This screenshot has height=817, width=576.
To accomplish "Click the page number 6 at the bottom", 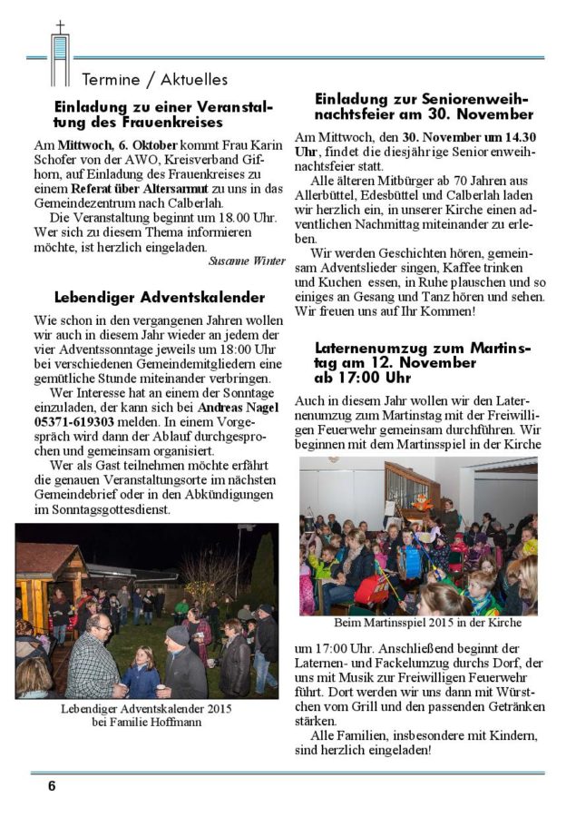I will pyautogui.click(x=52, y=786).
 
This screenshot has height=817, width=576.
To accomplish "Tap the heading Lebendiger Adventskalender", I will pyautogui.click(x=159, y=297).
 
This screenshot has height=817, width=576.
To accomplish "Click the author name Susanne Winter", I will pyautogui.click(x=247, y=261).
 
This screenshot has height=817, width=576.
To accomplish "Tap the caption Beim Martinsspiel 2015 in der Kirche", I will pyautogui.click(x=418, y=623).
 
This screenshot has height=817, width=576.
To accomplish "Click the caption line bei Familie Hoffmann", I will pyautogui.click(x=146, y=721).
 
